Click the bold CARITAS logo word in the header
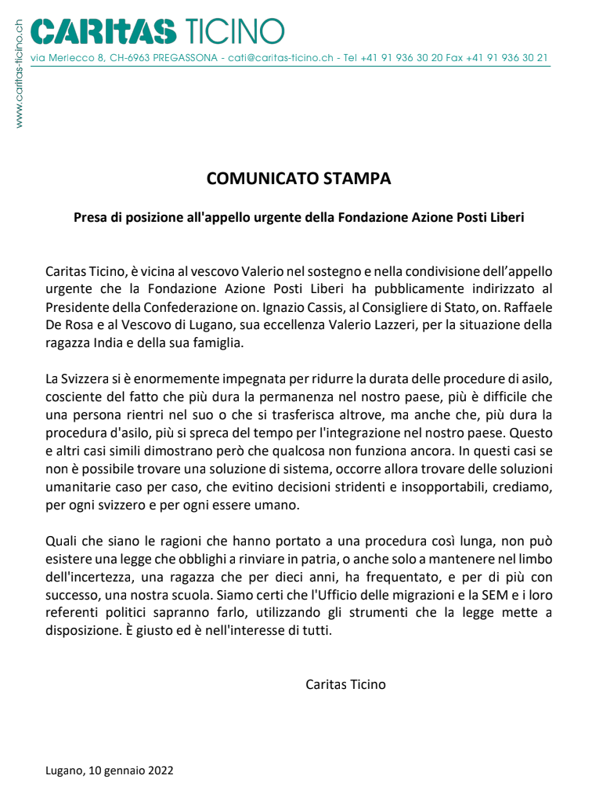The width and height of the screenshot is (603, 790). pyautogui.click(x=103, y=31)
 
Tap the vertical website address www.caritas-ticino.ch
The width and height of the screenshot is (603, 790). pyautogui.click(x=19, y=73)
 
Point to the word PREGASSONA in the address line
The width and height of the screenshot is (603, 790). pyautogui.click(x=186, y=58)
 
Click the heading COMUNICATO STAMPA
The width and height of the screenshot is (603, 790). pyautogui.click(x=298, y=178)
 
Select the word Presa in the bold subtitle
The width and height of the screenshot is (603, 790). pyautogui.click(x=90, y=217)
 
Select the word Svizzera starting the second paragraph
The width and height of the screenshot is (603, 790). pyautogui.click(x=88, y=379)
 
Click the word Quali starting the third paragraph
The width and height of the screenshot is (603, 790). pyautogui.click(x=61, y=540)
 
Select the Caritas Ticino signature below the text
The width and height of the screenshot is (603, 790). pyautogui.click(x=345, y=684)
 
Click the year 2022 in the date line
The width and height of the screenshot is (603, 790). pyautogui.click(x=160, y=770)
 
